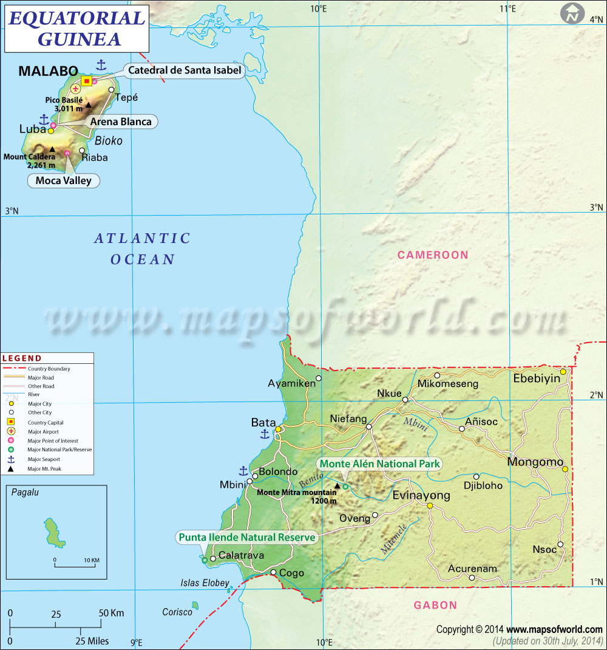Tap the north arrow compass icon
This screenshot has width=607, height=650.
tap(572, 13)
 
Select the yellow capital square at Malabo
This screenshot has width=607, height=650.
tap(86, 81)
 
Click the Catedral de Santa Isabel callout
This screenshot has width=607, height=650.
tap(185, 70)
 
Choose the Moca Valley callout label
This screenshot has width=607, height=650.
tap(64, 180)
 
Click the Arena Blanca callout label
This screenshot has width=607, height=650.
tap(120, 121)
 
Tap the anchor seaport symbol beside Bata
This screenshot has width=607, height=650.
tap(265, 434)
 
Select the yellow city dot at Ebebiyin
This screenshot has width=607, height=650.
tap(563, 371)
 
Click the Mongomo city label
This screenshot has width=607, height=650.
tap(535, 462)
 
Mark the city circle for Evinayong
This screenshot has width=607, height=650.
tap(429, 505)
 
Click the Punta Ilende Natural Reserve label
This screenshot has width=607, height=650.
tap(247, 537)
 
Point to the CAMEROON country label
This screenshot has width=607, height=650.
tap(433, 255)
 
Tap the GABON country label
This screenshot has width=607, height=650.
tap(435, 605)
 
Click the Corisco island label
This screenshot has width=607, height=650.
tap(177, 612)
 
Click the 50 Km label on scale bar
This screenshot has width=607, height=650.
tap(111, 614)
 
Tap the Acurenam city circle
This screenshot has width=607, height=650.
tap(472, 578)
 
